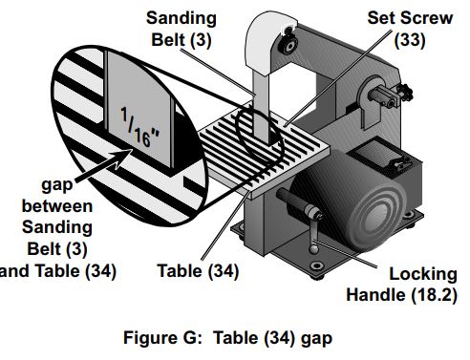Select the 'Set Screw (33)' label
pyautogui.click(x=404, y=29)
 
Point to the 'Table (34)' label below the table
pyautogui.click(x=198, y=271)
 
